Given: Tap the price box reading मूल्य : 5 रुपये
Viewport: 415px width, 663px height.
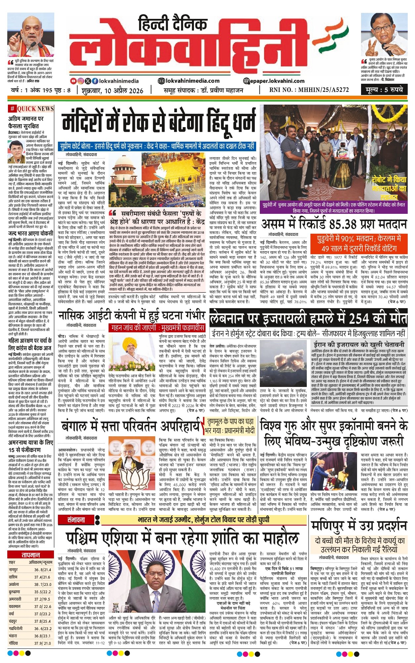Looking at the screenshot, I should tap(384, 90).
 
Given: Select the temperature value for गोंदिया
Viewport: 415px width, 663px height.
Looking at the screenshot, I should tap(43, 643).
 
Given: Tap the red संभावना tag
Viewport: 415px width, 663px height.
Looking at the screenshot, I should tap(76, 520).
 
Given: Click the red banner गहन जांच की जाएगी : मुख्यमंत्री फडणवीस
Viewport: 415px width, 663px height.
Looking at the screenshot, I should tap(157, 328).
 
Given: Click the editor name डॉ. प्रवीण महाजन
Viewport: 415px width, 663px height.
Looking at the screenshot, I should tap(222, 90).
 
